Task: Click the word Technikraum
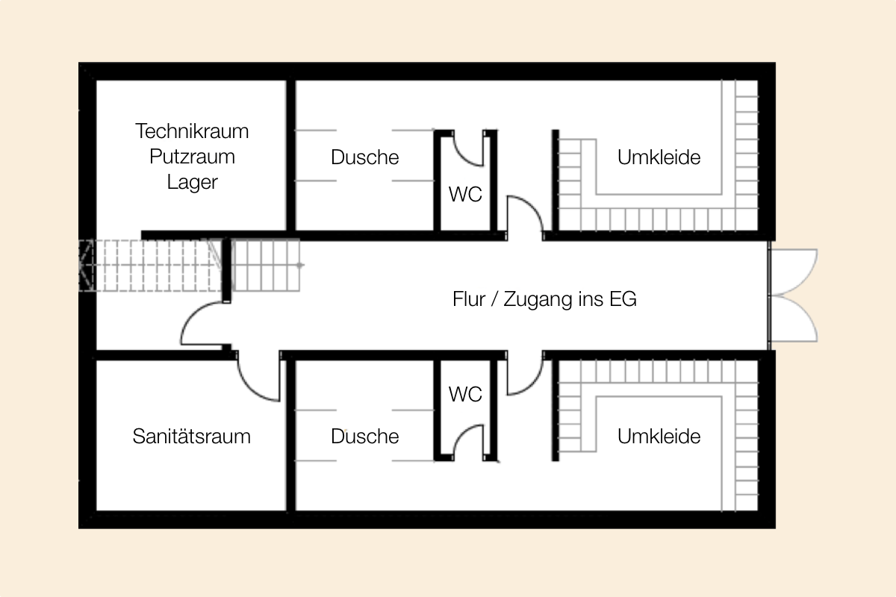pyautogui.click(x=192, y=131)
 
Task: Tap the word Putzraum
pyautogui.click(x=192, y=157)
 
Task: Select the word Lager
pyautogui.click(x=193, y=183)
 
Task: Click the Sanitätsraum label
pyautogui.click(x=192, y=436)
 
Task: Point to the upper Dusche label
pyautogui.click(x=365, y=157)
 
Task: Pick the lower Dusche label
pyautogui.click(x=365, y=437)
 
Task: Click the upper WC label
pyautogui.click(x=465, y=194)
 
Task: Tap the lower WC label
pyautogui.click(x=465, y=394)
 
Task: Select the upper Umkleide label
pyautogui.click(x=659, y=157)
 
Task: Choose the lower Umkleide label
pyautogui.click(x=659, y=437)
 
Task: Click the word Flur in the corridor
pyautogui.click(x=469, y=299)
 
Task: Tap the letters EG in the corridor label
pyautogui.click(x=623, y=299)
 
